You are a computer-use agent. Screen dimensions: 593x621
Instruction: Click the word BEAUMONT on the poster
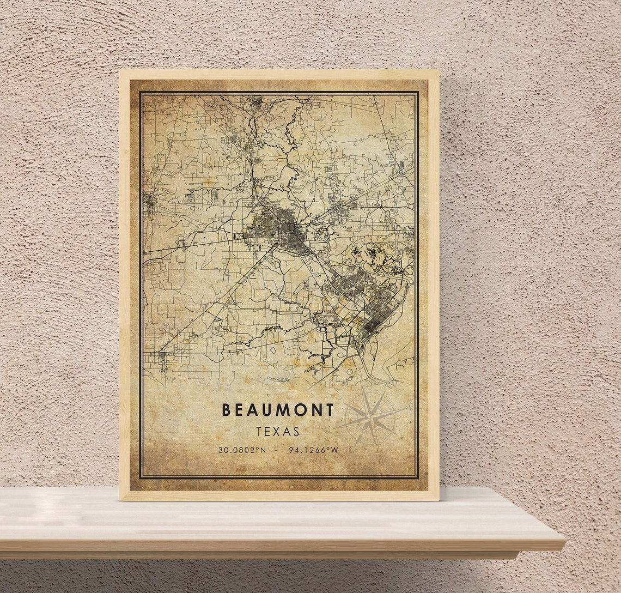(x=277, y=410)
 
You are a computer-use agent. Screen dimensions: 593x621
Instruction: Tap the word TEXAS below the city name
(x=278, y=432)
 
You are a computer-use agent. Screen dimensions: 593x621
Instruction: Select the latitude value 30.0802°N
(x=242, y=450)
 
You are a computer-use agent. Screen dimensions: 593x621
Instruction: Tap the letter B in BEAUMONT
(x=226, y=410)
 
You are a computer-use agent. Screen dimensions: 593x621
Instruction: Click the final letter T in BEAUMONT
(x=329, y=410)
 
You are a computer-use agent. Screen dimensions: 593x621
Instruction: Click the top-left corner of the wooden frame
(x=120, y=70)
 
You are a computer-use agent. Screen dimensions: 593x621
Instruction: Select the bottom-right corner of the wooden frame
(x=438, y=499)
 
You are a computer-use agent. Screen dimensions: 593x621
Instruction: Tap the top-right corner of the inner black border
(x=417, y=92)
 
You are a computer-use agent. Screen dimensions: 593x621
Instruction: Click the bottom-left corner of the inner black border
(x=140, y=478)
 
